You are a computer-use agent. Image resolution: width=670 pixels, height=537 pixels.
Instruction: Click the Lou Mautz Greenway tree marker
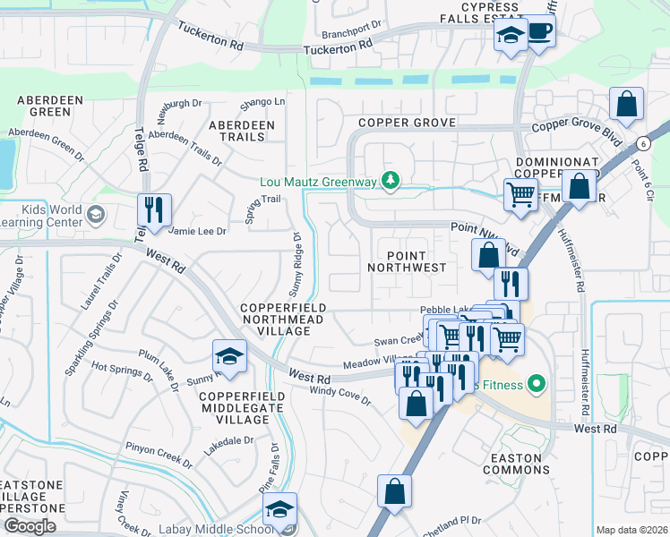pyautogui.click(x=390, y=182)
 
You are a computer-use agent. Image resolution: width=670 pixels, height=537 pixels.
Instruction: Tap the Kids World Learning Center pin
pyautogui.click(x=97, y=215)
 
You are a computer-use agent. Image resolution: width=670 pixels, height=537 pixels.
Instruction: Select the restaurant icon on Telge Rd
pyautogui.click(x=152, y=210)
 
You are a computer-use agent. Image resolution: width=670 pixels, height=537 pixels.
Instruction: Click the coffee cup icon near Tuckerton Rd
pyautogui.click(x=540, y=32)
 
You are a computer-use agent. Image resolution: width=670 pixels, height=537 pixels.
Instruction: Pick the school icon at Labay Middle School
pyautogui.click(x=279, y=509)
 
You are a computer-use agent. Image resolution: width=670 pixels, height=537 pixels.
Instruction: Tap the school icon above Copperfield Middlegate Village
pyautogui.click(x=229, y=357)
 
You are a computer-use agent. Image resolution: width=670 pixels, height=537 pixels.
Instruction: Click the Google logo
pyautogui.click(x=30, y=526)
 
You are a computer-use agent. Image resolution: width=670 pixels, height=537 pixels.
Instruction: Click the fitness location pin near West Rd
pyautogui.click(x=537, y=385)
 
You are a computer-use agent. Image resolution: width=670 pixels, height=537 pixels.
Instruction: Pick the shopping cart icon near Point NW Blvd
pyautogui.click(x=520, y=193)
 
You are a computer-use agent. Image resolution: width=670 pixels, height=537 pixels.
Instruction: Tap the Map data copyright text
pyautogui.click(x=632, y=530)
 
